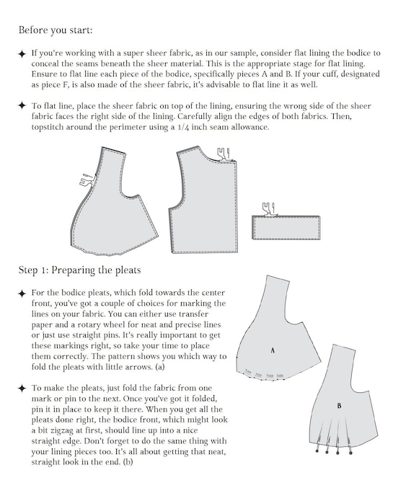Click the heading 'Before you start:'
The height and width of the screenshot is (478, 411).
point(56,30)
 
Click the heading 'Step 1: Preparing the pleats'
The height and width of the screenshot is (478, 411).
point(79,270)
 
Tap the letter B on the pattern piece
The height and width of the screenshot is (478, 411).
point(339,405)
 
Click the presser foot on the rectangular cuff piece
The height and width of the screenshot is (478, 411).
point(268,209)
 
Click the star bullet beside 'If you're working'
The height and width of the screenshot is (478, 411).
point(22,54)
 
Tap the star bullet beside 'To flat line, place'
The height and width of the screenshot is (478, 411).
point(22,105)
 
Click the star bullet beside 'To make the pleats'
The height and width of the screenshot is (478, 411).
point(22,387)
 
